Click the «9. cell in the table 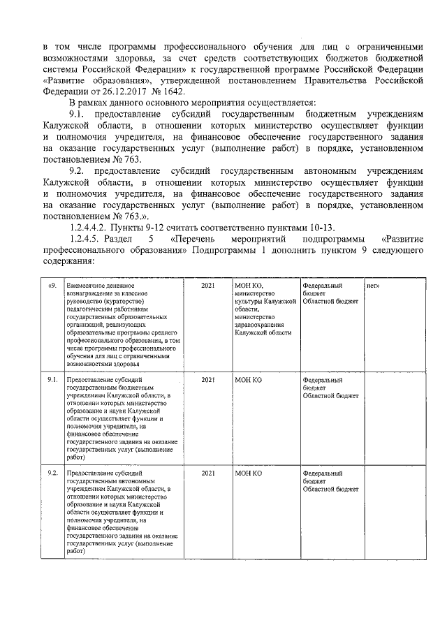52,286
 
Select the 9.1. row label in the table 52,380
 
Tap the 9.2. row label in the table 52,473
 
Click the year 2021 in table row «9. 207,286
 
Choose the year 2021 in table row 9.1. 207,380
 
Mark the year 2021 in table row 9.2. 207,473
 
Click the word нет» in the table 374,286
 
